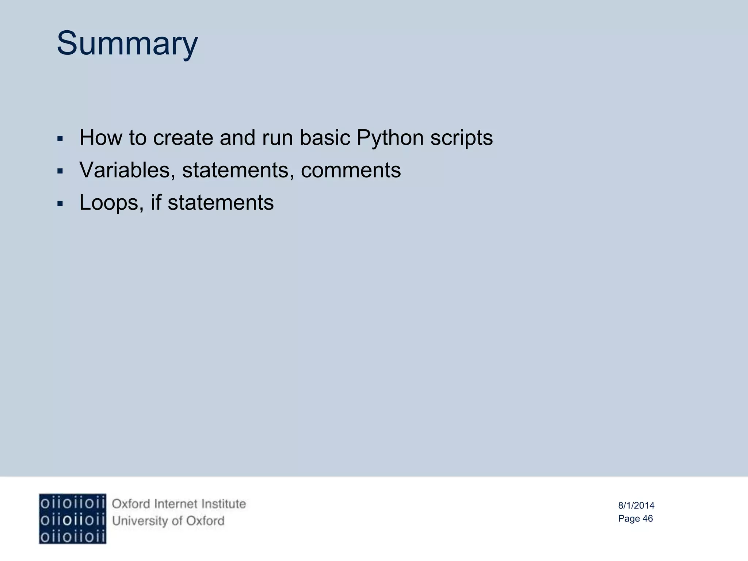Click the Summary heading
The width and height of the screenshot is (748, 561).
pos(127,44)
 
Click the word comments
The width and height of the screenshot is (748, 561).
pos(351,170)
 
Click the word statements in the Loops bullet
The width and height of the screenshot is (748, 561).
pos(221,203)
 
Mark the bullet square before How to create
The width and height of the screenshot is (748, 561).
pos(60,139)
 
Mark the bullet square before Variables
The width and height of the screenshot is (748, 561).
pos(60,171)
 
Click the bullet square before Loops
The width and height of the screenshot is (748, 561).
pos(60,203)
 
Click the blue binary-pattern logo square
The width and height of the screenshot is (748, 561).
pos(72,519)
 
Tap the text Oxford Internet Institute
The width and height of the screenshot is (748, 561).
pos(179,504)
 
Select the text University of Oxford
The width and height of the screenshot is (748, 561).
pos(168,521)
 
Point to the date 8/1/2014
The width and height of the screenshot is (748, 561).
pos(636,505)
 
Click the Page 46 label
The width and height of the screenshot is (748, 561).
pos(635,519)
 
